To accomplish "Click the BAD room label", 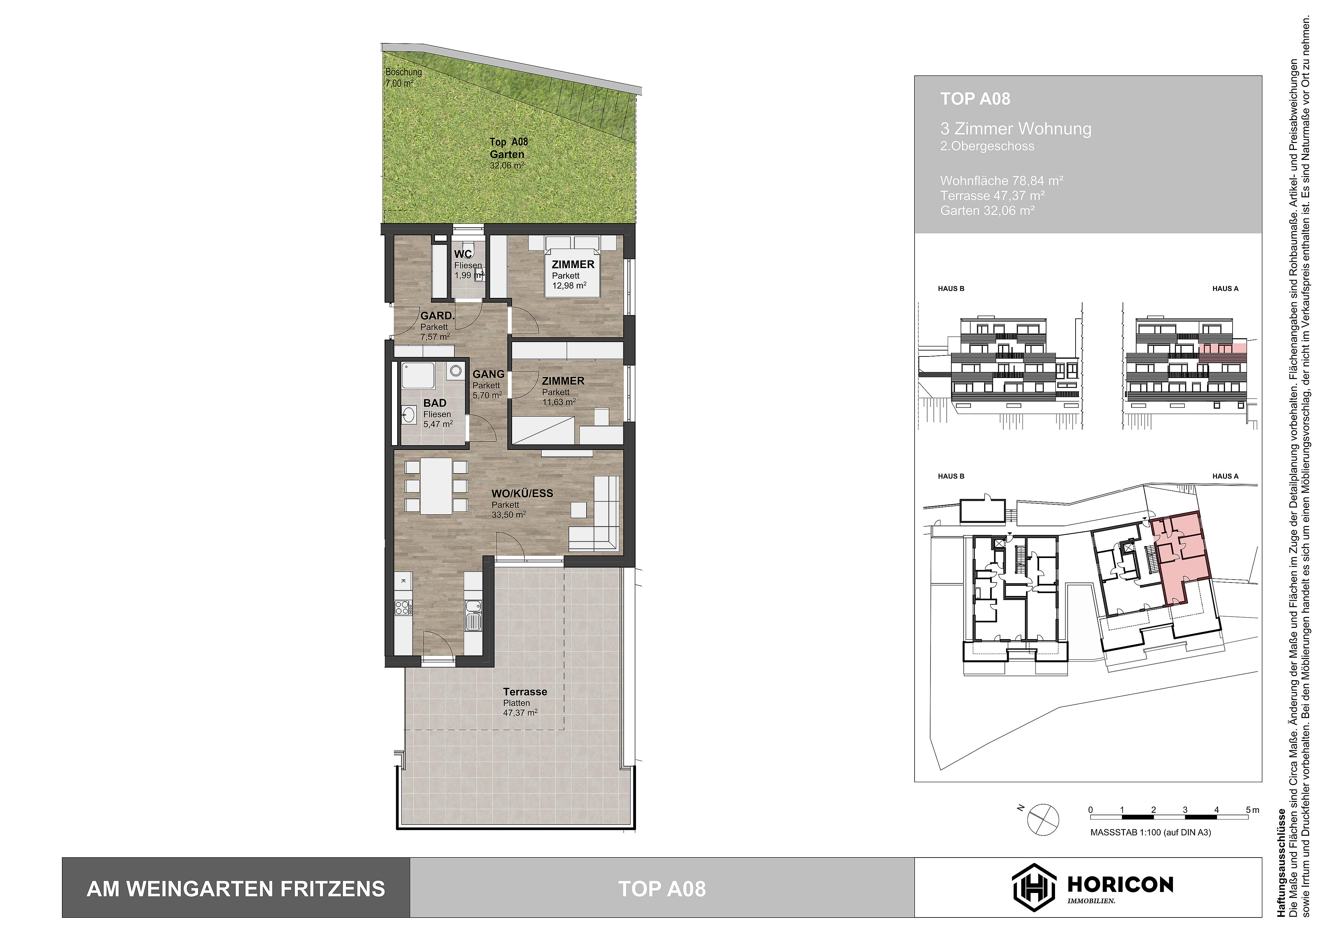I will [x=435, y=403].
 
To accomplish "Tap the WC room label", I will [x=463, y=254].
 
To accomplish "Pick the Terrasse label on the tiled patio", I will [x=525, y=691].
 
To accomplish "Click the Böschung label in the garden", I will [x=403, y=72].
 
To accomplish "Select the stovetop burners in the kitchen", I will [x=402, y=607].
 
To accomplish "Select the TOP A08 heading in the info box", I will [x=975, y=99].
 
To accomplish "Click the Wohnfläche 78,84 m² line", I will [x=1001, y=180].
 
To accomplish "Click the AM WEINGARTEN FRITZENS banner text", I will [x=236, y=889].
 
